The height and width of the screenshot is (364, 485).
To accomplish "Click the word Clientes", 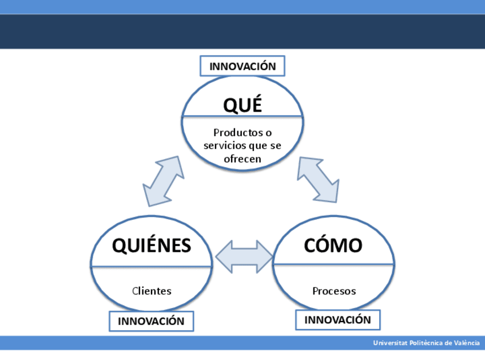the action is point(152,291).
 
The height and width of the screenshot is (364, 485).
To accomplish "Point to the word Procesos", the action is point(334,291).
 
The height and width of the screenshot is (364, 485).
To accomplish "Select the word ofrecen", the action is point(242,159).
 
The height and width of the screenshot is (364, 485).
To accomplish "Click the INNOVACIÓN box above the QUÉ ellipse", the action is point(242,66).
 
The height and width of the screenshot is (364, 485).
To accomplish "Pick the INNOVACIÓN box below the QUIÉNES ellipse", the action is point(151,321).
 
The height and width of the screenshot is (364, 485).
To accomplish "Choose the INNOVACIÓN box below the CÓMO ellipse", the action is point(337,319).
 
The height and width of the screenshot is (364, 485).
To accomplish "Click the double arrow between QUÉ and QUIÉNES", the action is point(163,181).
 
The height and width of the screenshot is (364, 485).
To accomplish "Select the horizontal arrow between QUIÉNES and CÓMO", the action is point(244,256).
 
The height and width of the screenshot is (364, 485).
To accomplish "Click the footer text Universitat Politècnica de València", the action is point(426,343).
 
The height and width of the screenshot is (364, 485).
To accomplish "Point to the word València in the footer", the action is point(466,343).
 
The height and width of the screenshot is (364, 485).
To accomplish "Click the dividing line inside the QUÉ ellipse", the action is point(242,116).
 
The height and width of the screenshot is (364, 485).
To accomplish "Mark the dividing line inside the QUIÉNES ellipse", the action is point(152,266).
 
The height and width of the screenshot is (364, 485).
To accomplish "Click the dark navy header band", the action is point(242,31).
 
